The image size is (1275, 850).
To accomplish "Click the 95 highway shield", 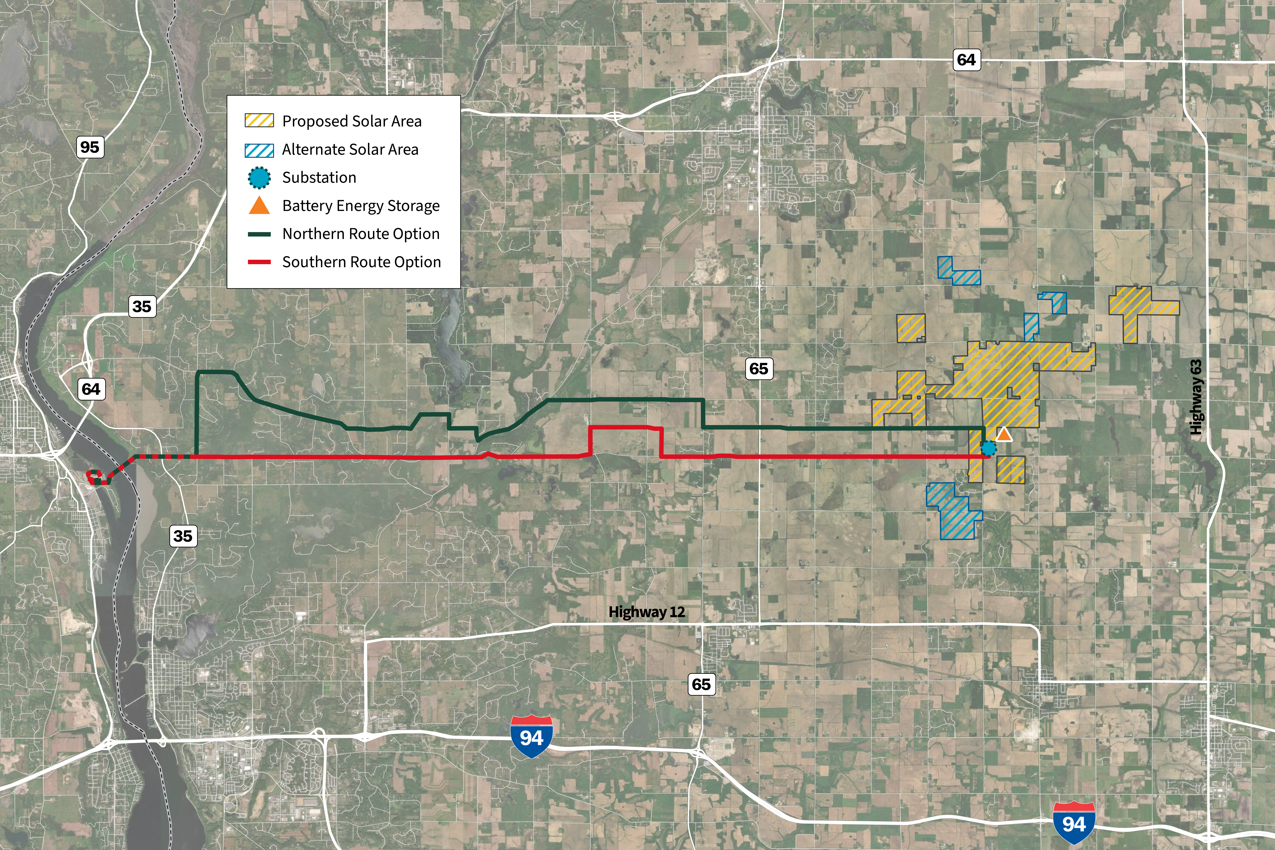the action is [x=90, y=147].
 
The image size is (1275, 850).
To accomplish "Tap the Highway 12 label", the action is [x=647, y=612].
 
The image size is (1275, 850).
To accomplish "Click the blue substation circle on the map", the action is [x=988, y=448].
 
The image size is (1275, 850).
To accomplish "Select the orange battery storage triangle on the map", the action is [x=1004, y=434].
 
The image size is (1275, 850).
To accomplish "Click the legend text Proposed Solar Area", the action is [x=352, y=121].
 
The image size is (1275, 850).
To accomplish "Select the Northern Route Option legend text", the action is [x=361, y=234].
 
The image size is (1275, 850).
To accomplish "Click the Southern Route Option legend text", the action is [x=362, y=262].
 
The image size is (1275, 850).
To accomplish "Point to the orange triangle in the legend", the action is [x=260, y=205].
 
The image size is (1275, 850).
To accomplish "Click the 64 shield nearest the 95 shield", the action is [x=91, y=389].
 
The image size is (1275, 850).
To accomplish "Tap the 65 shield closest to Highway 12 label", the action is [x=701, y=684].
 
